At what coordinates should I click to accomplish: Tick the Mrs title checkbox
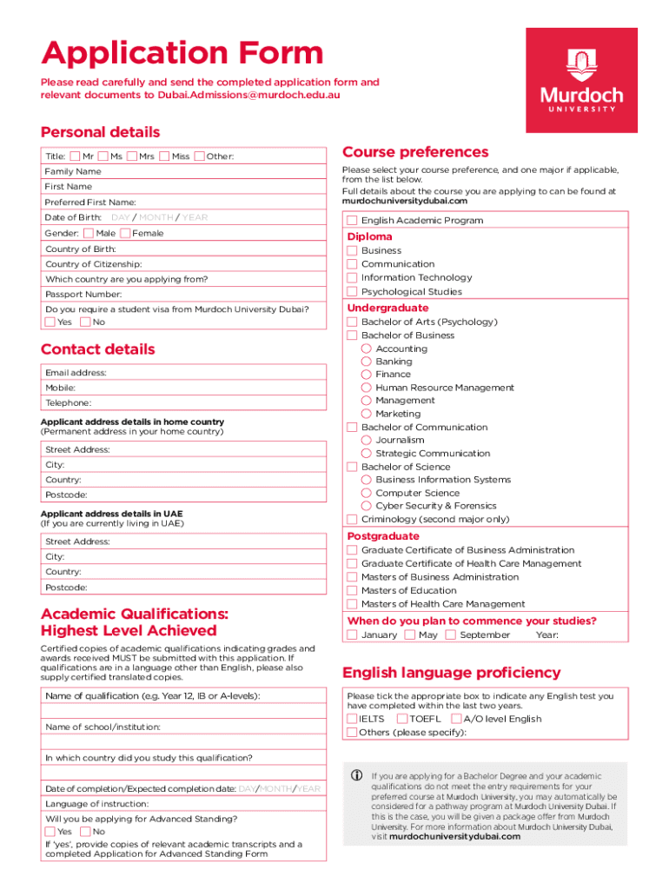(132, 156)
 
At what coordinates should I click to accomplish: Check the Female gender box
(125, 233)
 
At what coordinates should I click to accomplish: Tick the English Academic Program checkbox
(352, 220)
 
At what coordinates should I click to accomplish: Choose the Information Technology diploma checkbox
(352, 278)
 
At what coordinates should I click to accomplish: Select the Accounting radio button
(367, 349)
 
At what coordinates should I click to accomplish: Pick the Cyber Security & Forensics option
(367, 506)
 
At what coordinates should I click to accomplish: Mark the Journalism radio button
(367, 441)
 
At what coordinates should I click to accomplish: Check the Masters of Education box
(352, 591)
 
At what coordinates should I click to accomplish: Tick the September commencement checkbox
(450, 634)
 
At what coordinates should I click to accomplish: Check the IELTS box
(352, 719)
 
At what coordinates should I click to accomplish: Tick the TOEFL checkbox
(402, 719)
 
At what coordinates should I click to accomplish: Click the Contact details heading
(98, 349)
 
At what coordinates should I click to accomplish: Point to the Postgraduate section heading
(383, 536)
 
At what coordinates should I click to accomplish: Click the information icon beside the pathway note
(354, 776)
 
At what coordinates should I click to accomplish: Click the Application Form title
(182, 54)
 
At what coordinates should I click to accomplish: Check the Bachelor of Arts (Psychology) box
(352, 322)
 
